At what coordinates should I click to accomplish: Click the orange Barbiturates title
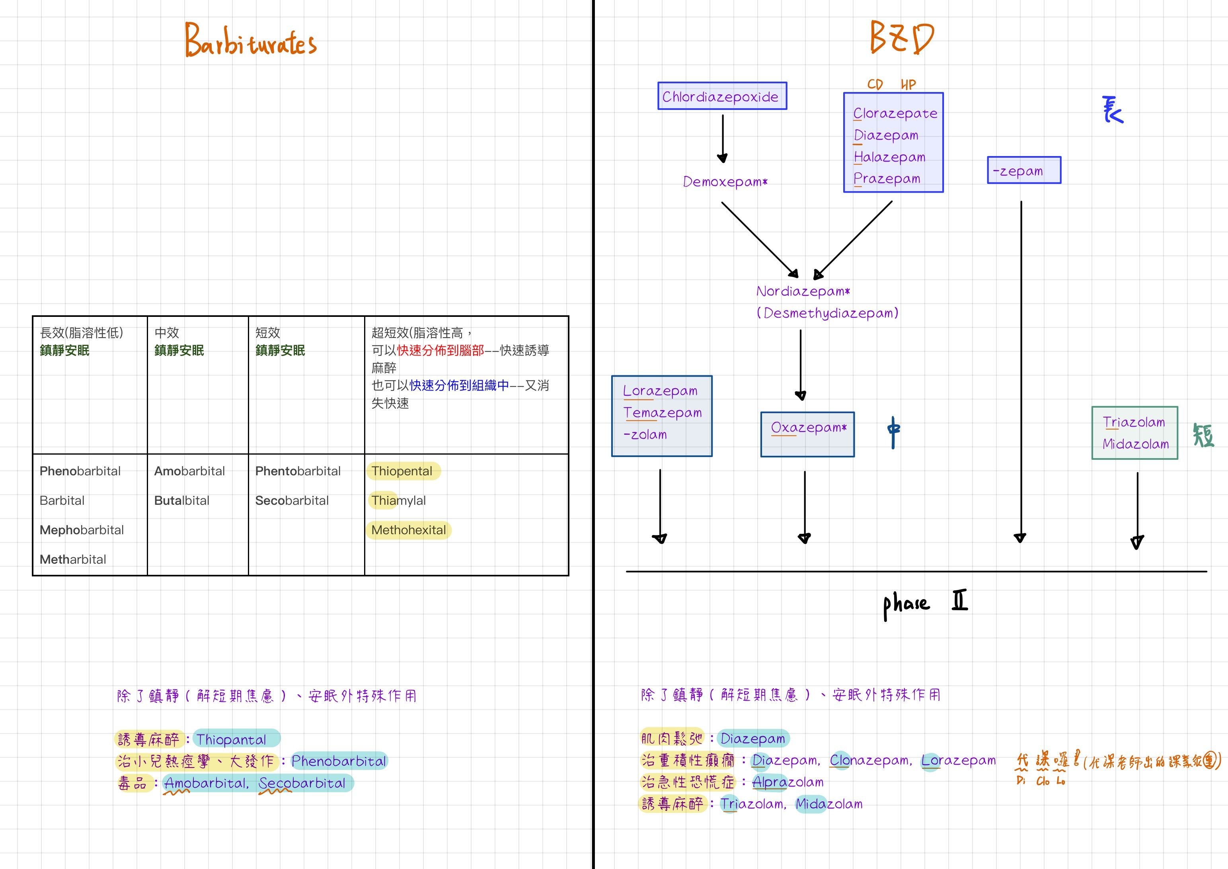click(250, 41)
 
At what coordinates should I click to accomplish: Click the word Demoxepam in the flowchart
click(725, 182)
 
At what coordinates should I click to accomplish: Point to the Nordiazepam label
click(802, 292)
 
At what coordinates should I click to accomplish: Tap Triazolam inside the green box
click(1133, 422)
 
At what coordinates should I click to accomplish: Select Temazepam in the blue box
click(662, 412)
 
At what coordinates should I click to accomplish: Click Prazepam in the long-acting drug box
click(887, 179)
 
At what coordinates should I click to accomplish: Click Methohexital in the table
click(409, 530)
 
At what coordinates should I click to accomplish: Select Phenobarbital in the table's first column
click(80, 471)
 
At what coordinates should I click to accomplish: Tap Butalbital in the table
click(181, 500)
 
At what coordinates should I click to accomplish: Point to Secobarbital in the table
click(292, 500)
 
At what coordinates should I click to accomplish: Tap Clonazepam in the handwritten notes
click(870, 760)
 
